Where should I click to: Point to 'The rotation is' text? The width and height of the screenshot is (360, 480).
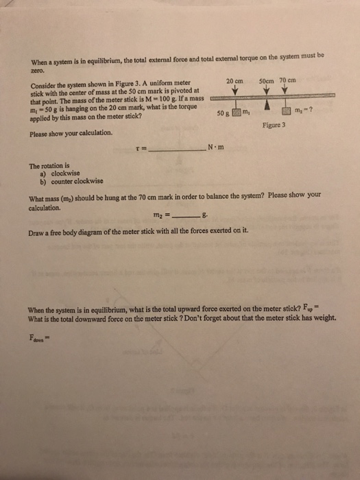(x=49, y=165)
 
